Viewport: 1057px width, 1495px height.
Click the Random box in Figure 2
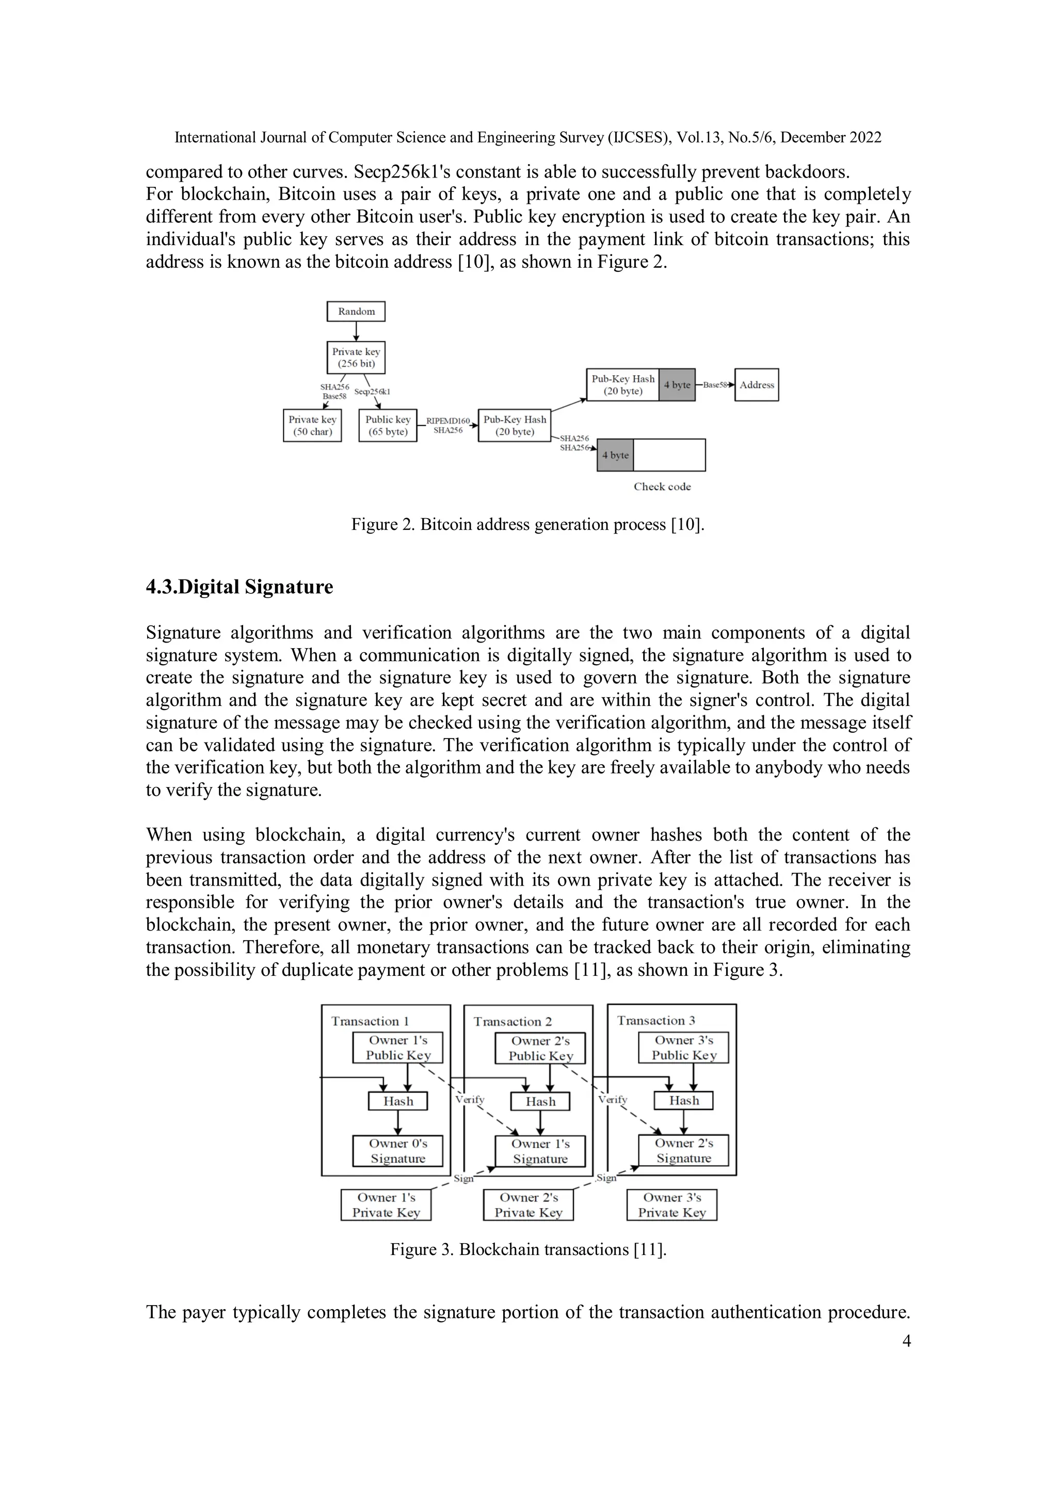(356, 311)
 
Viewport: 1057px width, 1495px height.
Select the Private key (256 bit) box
(356, 358)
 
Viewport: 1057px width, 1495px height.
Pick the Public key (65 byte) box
(388, 425)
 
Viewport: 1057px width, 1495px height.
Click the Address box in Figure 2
(756, 385)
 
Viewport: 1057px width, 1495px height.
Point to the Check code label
(662, 487)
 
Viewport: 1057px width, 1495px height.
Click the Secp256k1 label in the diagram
(372, 391)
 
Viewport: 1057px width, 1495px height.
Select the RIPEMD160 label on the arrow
(447, 421)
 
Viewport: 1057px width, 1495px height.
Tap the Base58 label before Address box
(714, 385)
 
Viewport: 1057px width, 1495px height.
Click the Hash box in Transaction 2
(540, 1101)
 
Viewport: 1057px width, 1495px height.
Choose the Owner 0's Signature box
(397, 1151)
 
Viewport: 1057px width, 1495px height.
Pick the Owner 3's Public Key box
(684, 1048)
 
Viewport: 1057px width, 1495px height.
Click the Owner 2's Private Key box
(528, 1204)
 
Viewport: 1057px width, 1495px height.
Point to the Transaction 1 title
(369, 1021)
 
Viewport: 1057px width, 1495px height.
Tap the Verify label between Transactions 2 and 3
(612, 1099)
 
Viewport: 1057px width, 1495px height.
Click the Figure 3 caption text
(528, 1249)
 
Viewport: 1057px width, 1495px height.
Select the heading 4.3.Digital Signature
(239, 587)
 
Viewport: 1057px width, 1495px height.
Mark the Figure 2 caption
(527, 524)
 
